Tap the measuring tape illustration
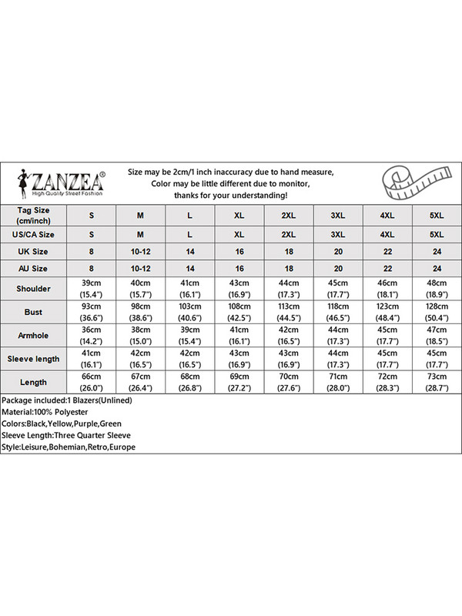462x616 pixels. [x=413, y=184]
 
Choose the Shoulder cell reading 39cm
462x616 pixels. [x=92, y=290]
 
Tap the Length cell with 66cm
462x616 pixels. [x=92, y=382]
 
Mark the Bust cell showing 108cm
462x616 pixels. [x=239, y=313]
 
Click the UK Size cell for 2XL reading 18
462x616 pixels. [x=289, y=251]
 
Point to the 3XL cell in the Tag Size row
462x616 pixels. [x=338, y=214]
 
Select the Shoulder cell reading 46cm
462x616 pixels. [x=387, y=290]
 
